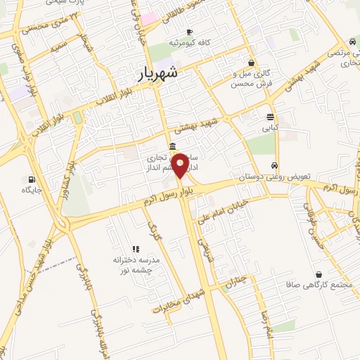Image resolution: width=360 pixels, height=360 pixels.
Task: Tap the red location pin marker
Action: click(180, 166)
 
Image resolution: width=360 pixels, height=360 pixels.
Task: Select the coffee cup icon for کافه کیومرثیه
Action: click(189, 32)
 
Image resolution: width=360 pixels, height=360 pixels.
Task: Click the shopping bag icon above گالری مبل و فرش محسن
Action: click(251, 63)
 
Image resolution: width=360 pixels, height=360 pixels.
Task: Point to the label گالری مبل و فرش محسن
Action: click(251, 79)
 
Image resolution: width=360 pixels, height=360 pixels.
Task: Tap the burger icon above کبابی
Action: click(271, 117)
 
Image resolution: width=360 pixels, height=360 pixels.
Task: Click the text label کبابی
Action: click(271, 129)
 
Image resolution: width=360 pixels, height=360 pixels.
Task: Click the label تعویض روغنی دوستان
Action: click(271, 176)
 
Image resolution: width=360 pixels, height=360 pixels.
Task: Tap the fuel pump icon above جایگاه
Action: click(32, 179)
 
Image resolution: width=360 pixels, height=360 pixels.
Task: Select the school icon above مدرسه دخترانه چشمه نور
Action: click(136, 248)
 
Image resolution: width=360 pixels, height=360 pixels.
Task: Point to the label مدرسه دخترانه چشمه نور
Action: click(137, 265)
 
